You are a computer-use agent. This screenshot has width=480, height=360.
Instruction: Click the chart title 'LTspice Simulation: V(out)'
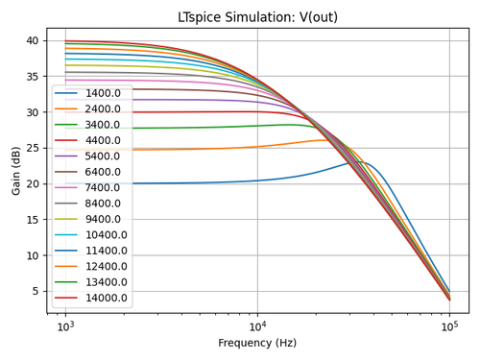coord(257,17)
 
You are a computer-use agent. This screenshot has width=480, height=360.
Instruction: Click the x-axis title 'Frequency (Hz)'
coord(257,343)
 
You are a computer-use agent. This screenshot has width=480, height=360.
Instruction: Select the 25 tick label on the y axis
coord(32,148)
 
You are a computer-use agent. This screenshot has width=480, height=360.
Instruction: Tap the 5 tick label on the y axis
coord(35,291)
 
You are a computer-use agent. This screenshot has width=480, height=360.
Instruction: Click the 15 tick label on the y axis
coord(32,220)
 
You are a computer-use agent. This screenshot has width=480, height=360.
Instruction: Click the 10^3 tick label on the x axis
coord(65,326)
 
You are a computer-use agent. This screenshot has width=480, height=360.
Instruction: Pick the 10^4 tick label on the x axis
coord(257,326)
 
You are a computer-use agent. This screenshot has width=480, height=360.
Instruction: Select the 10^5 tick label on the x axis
coord(449,326)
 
